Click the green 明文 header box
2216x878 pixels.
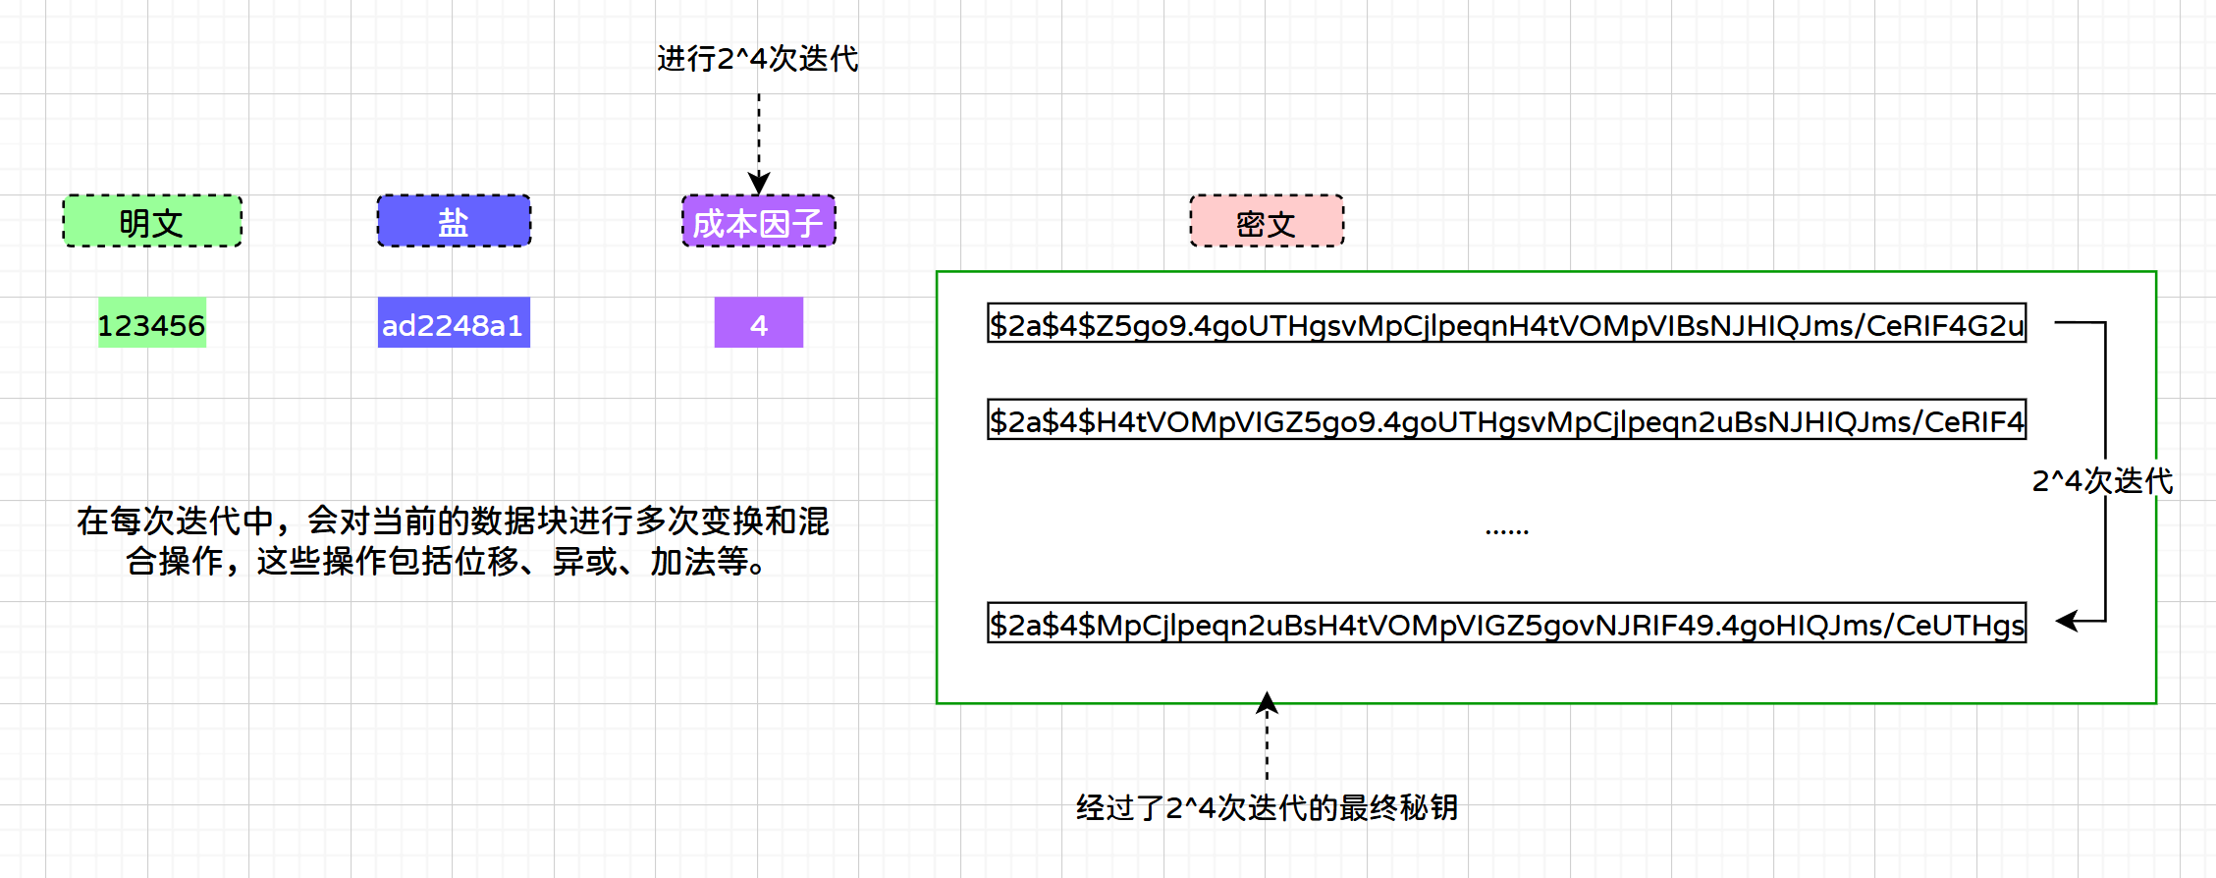coord(152,221)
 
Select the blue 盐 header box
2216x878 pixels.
coord(454,221)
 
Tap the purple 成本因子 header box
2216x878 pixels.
coord(758,221)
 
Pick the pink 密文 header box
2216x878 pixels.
coord(1266,221)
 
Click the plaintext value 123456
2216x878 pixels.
coord(152,323)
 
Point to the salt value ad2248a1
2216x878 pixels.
coord(454,323)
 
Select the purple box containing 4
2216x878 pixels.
coord(758,323)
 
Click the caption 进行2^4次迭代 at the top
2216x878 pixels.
coord(757,59)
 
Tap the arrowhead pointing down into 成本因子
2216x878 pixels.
coord(759,184)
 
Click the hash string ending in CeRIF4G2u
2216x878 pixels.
coord(1506,323)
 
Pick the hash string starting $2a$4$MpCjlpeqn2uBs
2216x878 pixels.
coord(1506,624)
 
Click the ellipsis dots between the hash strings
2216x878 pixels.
coord(1506,530)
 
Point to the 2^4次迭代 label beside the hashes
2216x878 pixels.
coord(2102,480)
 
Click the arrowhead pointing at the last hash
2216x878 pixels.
coord(2067,621)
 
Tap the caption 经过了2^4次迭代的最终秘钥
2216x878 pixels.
coord(1267,807)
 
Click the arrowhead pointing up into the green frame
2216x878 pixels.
coord(1267,702)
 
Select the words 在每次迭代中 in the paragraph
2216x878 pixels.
coord(176,521)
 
